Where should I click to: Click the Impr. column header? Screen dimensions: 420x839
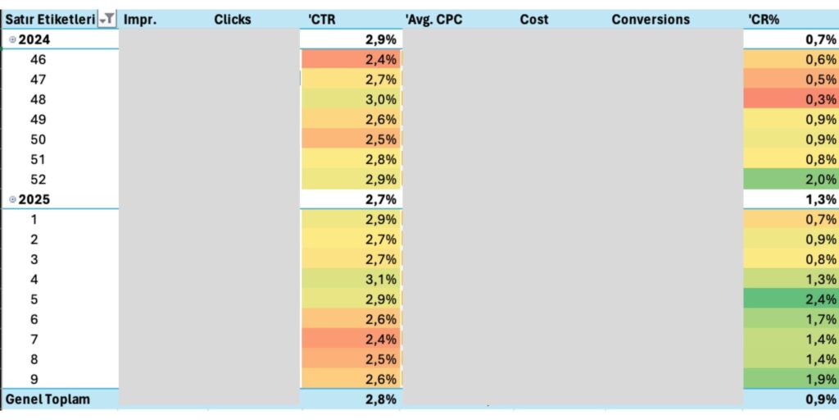pyautogui.click(x=140, y=19)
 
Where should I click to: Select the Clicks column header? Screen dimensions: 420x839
pyautogui.click(x=232, y=19)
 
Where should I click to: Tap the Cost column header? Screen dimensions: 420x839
pyautogui.click(x=534, y=19)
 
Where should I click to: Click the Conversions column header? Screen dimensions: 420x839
pyautogui.click(x=651, y=19)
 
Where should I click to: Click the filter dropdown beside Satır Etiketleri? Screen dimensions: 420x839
pyautogui.click(x=107, y=19)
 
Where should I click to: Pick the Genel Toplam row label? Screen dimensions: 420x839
pyautogui.click(x=48, y=399)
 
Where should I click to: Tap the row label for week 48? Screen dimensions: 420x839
pyautogui.click(x=38, y=99)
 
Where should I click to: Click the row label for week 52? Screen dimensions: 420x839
pyautogui.click(x=38, y=179)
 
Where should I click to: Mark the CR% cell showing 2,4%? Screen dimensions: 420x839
pyautogui.click(x=791, y=299)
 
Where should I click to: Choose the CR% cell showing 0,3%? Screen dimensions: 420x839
pyautogui.click(x=791, y=99)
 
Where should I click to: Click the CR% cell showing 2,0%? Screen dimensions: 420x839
pyautogui.click(x=791, y=179)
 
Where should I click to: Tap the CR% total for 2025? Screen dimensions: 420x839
pyautogui.click(x=791, y=199)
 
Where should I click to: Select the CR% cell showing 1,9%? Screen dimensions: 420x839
pyautogui.click(x=791, y=379)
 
